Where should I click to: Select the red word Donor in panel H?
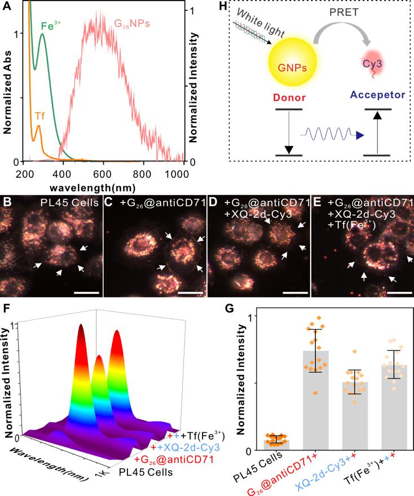click(291, 97)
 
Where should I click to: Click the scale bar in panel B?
click(89, 293)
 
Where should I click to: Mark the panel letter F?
click(6, 310)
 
